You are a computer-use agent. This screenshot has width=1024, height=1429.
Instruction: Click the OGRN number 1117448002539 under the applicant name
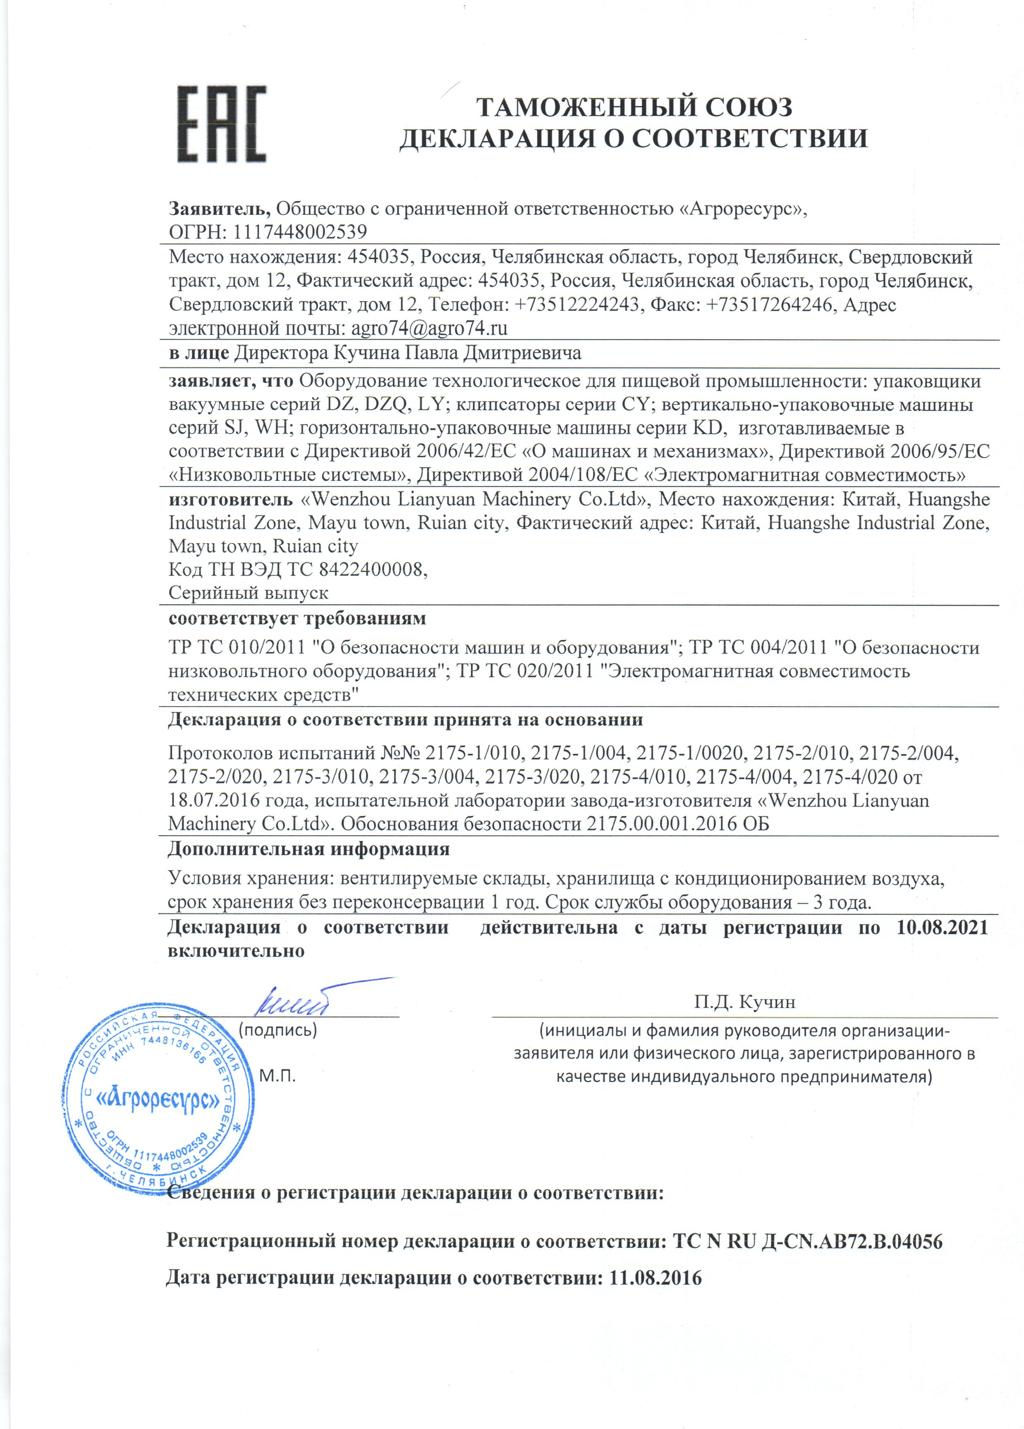coord(300,232)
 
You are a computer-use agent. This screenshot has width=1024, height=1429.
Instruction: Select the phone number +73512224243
coord(576,305)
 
